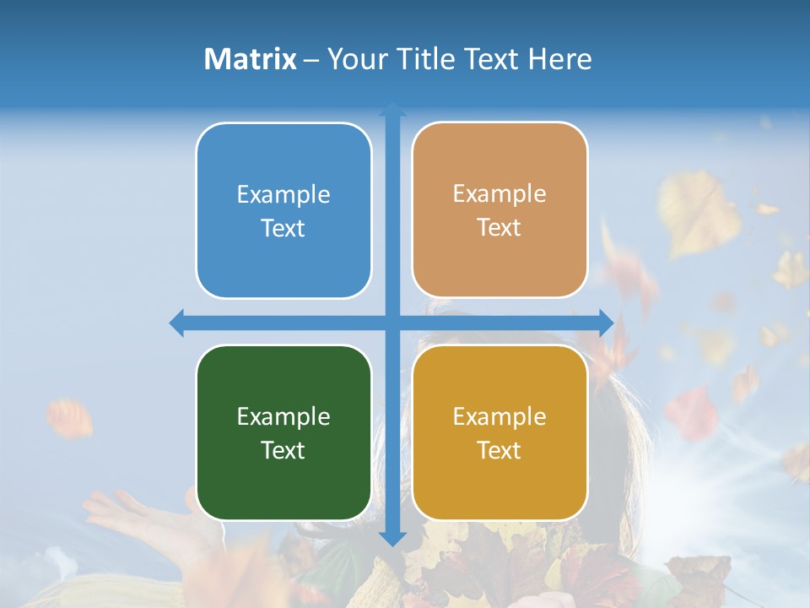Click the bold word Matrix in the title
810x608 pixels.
pos(250,59)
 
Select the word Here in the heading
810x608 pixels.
pos(559,59)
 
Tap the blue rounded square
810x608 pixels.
pos(283,210)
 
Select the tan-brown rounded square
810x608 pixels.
pos(499,209)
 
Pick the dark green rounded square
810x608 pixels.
pos(283,432)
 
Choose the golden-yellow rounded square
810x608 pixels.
pos(499,432)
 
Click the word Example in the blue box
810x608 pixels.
pos(283,194)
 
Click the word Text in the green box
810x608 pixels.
pos(283,450)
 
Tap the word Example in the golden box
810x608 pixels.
pos(499,416)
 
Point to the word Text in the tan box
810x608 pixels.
pos(499,228)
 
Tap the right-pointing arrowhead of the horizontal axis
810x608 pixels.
pos(606,323)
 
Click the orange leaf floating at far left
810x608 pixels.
pos(70,418)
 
